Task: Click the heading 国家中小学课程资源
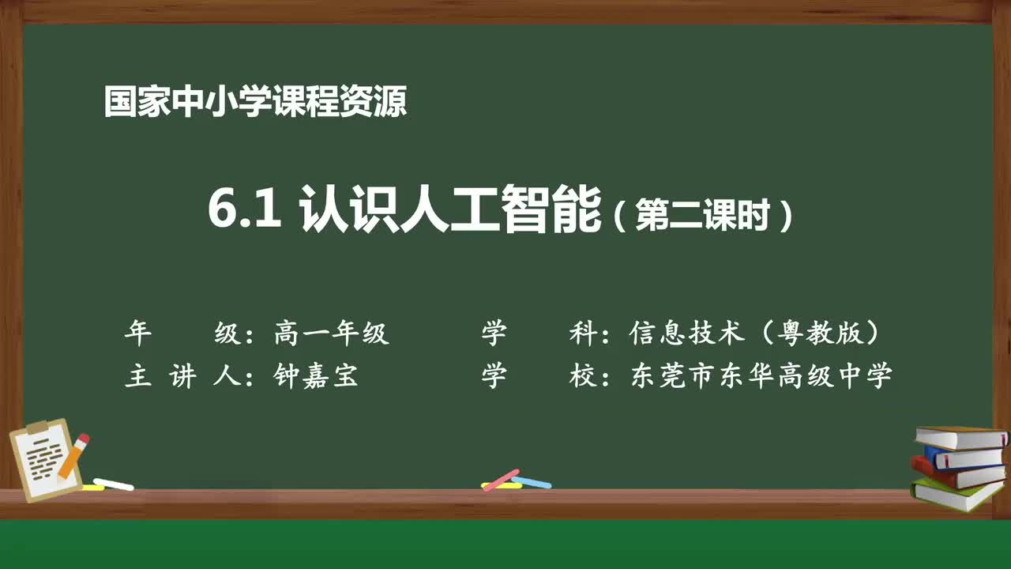(x=255, y=103)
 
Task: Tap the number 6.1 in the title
(x=245, y=210)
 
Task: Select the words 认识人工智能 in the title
(x=451, y=210)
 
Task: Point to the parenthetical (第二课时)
(x=702, y=214)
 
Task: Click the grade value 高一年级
(x=332, y=333)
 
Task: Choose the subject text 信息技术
(x=687, y=333)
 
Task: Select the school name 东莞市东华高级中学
(x=761, y=376)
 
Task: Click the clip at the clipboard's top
(x=37, y=428)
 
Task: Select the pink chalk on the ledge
(x=501, y=479)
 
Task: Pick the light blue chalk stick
(x=532, y=481)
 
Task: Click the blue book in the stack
(x=965, y=458)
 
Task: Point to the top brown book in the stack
(x=960, y=437)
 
